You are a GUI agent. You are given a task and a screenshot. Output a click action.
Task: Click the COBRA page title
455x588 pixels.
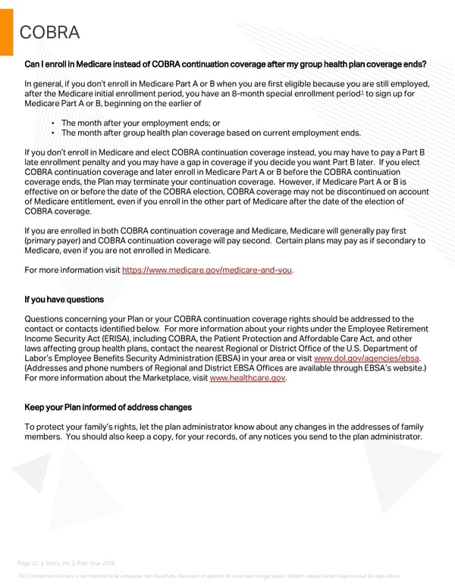pos(50,32)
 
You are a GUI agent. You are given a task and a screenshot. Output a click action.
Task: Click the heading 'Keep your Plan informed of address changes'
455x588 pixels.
pos(108,407)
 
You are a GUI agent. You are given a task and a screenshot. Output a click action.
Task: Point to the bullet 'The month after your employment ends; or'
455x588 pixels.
pos(140,122)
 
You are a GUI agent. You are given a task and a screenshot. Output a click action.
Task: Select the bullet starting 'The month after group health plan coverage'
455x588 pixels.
pos(210,132)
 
